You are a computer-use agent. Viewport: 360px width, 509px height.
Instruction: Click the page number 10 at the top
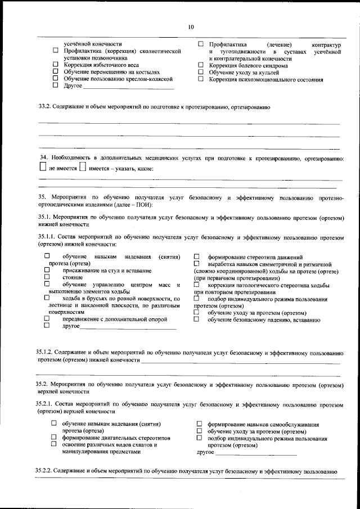point(191,27)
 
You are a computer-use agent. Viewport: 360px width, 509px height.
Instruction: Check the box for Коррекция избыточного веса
point(55,65)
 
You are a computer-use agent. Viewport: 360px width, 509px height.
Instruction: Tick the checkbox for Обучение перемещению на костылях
point(55,72)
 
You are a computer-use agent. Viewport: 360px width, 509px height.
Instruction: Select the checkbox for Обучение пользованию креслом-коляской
point(55,79)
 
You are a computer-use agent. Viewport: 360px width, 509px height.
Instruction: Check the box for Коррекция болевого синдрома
point(201,65)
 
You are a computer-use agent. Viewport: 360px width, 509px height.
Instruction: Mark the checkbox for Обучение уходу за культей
point(201,73)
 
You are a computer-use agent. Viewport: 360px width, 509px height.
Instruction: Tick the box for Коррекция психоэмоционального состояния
point(201,79)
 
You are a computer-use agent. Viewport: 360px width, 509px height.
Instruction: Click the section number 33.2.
point(44,106)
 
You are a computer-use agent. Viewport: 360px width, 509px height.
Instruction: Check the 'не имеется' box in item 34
point(43,167)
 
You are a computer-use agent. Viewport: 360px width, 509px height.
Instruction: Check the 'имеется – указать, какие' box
point(83,167)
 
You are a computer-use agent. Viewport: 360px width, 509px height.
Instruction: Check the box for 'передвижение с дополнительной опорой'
point(47,319)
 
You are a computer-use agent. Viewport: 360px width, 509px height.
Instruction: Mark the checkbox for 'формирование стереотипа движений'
point(196,256)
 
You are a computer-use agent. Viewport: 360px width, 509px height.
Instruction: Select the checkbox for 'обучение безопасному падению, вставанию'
point(196,319)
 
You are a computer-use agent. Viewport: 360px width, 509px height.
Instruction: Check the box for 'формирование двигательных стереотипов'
point(54,437)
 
